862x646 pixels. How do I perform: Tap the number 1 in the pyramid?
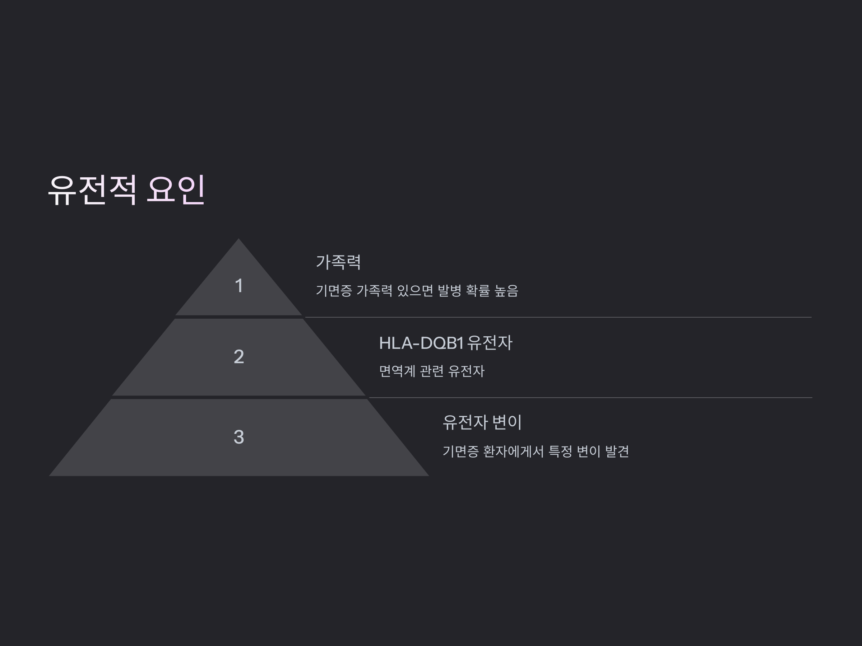239,286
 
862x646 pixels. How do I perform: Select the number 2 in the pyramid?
239,357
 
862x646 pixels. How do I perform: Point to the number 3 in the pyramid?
239,437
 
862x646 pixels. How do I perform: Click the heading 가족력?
338,262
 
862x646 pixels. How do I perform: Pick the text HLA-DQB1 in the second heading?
421,343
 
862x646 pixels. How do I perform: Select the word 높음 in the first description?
506,291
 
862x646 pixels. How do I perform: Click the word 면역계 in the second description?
397,371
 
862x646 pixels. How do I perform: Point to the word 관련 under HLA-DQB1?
432,371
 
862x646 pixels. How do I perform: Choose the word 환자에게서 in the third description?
513,452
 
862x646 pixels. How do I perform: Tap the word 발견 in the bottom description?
617,452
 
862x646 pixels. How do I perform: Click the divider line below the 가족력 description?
557,317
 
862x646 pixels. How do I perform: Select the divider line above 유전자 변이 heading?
588,398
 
